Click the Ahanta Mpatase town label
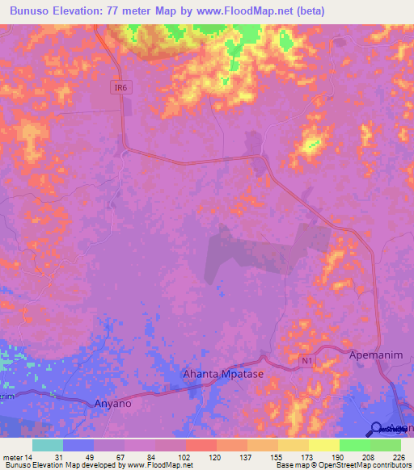pyautogui.click(x=222, y=375)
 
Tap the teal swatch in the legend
pyautogui.click(x=48, y=445)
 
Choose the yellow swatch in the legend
pyautogui.click(x=323, y=445)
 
